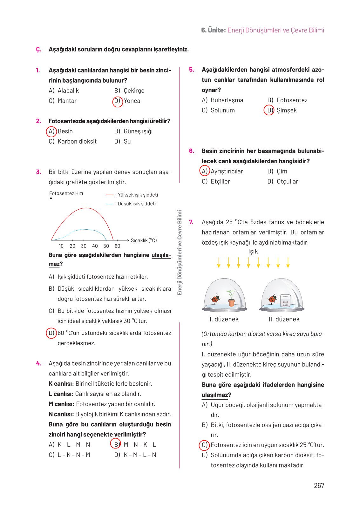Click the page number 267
[319, 485]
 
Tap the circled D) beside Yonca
[117, 101]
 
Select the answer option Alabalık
[68, 91]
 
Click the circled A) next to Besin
[51, 131]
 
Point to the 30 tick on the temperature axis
[84, 246]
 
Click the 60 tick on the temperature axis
[117, 246]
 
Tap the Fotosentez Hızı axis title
[66, 193]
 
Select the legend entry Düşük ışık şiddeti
[136, 204]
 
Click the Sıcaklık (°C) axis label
[144, 240]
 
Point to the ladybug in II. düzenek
[272, 299]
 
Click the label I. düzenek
[224, 319]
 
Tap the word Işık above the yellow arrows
[253, 251]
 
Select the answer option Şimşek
[286, 110]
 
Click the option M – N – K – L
[140, 445]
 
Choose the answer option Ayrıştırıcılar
[227, 171]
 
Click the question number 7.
[191, 222]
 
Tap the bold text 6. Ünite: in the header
[213, 30]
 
